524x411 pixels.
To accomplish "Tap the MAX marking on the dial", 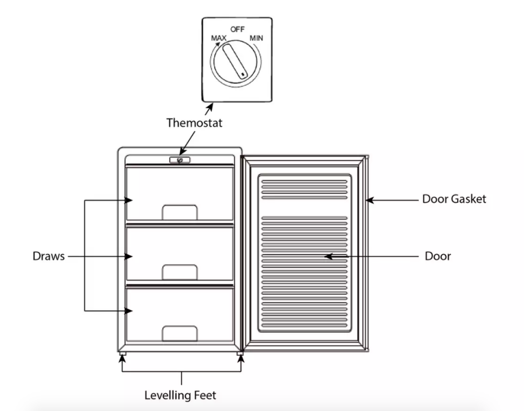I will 219,38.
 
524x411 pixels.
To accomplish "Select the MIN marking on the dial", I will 257,38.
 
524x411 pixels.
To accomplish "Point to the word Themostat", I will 195,123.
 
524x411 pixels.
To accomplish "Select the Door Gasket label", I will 454,199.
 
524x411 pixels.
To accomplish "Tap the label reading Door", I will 438,256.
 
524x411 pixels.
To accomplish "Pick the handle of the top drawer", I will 180,212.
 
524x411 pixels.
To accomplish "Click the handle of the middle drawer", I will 180,272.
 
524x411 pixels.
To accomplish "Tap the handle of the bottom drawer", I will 180,333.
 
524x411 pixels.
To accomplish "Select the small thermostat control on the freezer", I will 180,160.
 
